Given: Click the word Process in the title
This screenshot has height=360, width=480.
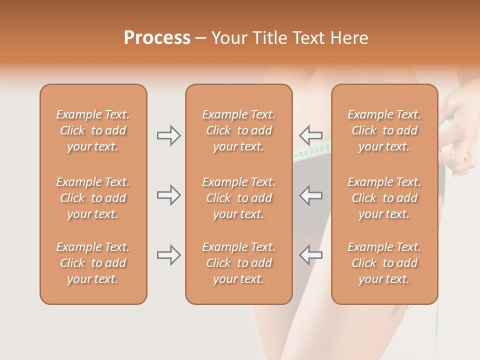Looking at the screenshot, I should pos(157,38).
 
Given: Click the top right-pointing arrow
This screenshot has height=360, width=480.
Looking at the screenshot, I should pos(168,135).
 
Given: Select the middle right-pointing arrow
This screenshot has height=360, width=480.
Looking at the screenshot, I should pos(168,195).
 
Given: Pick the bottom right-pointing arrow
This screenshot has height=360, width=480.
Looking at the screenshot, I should pos(168,255).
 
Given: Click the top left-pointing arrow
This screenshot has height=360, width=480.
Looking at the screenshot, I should pos(311,135).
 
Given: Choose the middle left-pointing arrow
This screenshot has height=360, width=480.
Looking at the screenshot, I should pos(311,195).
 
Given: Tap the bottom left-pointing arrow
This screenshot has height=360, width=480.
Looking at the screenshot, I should pos(311,255).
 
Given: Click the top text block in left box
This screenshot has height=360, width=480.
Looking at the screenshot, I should pos(93,130).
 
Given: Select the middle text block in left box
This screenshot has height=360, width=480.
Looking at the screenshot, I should pos(93,198).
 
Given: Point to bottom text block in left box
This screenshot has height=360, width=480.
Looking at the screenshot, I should pos(93,263).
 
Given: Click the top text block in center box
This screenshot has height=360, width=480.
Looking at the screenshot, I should pos(238,130).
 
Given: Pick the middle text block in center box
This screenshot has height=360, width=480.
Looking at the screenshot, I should pos(238,198).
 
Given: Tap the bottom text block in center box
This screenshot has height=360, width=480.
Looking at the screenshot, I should pos(238,263).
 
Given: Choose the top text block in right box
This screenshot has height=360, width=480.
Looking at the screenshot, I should pos(384,130).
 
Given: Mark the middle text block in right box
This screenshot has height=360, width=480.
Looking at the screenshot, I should pos(384,198).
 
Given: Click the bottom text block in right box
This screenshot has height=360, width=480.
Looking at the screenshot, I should pos(384,263).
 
